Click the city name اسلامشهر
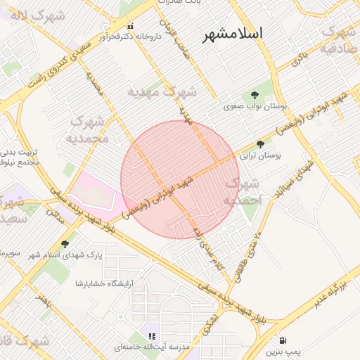pos(231,33)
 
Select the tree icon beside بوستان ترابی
pos(261,144)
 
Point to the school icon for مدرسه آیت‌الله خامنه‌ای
pos(152,336)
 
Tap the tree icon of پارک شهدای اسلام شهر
pos(65,244)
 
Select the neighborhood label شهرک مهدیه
pos(162,91)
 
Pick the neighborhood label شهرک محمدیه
pos(88,130)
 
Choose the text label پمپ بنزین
pos(283,351)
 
